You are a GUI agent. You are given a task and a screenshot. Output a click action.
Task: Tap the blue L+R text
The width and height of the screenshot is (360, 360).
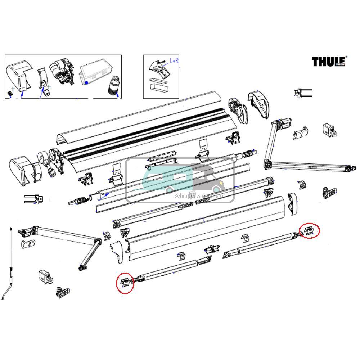[x=174, y=61]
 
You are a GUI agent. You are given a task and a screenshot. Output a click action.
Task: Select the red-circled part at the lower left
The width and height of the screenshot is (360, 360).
[x=125, y=282]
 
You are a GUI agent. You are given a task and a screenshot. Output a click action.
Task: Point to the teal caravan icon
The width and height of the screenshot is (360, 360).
[x=167, y=179]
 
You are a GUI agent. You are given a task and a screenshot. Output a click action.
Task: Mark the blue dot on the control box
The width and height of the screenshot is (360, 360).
[x=87, y=82]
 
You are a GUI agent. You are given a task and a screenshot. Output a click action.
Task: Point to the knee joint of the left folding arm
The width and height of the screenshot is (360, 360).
[x=97, y=242]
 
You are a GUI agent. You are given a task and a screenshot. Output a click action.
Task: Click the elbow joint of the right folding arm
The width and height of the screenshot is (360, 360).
[x=267, y=165]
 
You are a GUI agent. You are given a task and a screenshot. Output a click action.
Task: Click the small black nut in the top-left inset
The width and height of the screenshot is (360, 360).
[x=10, y=93]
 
